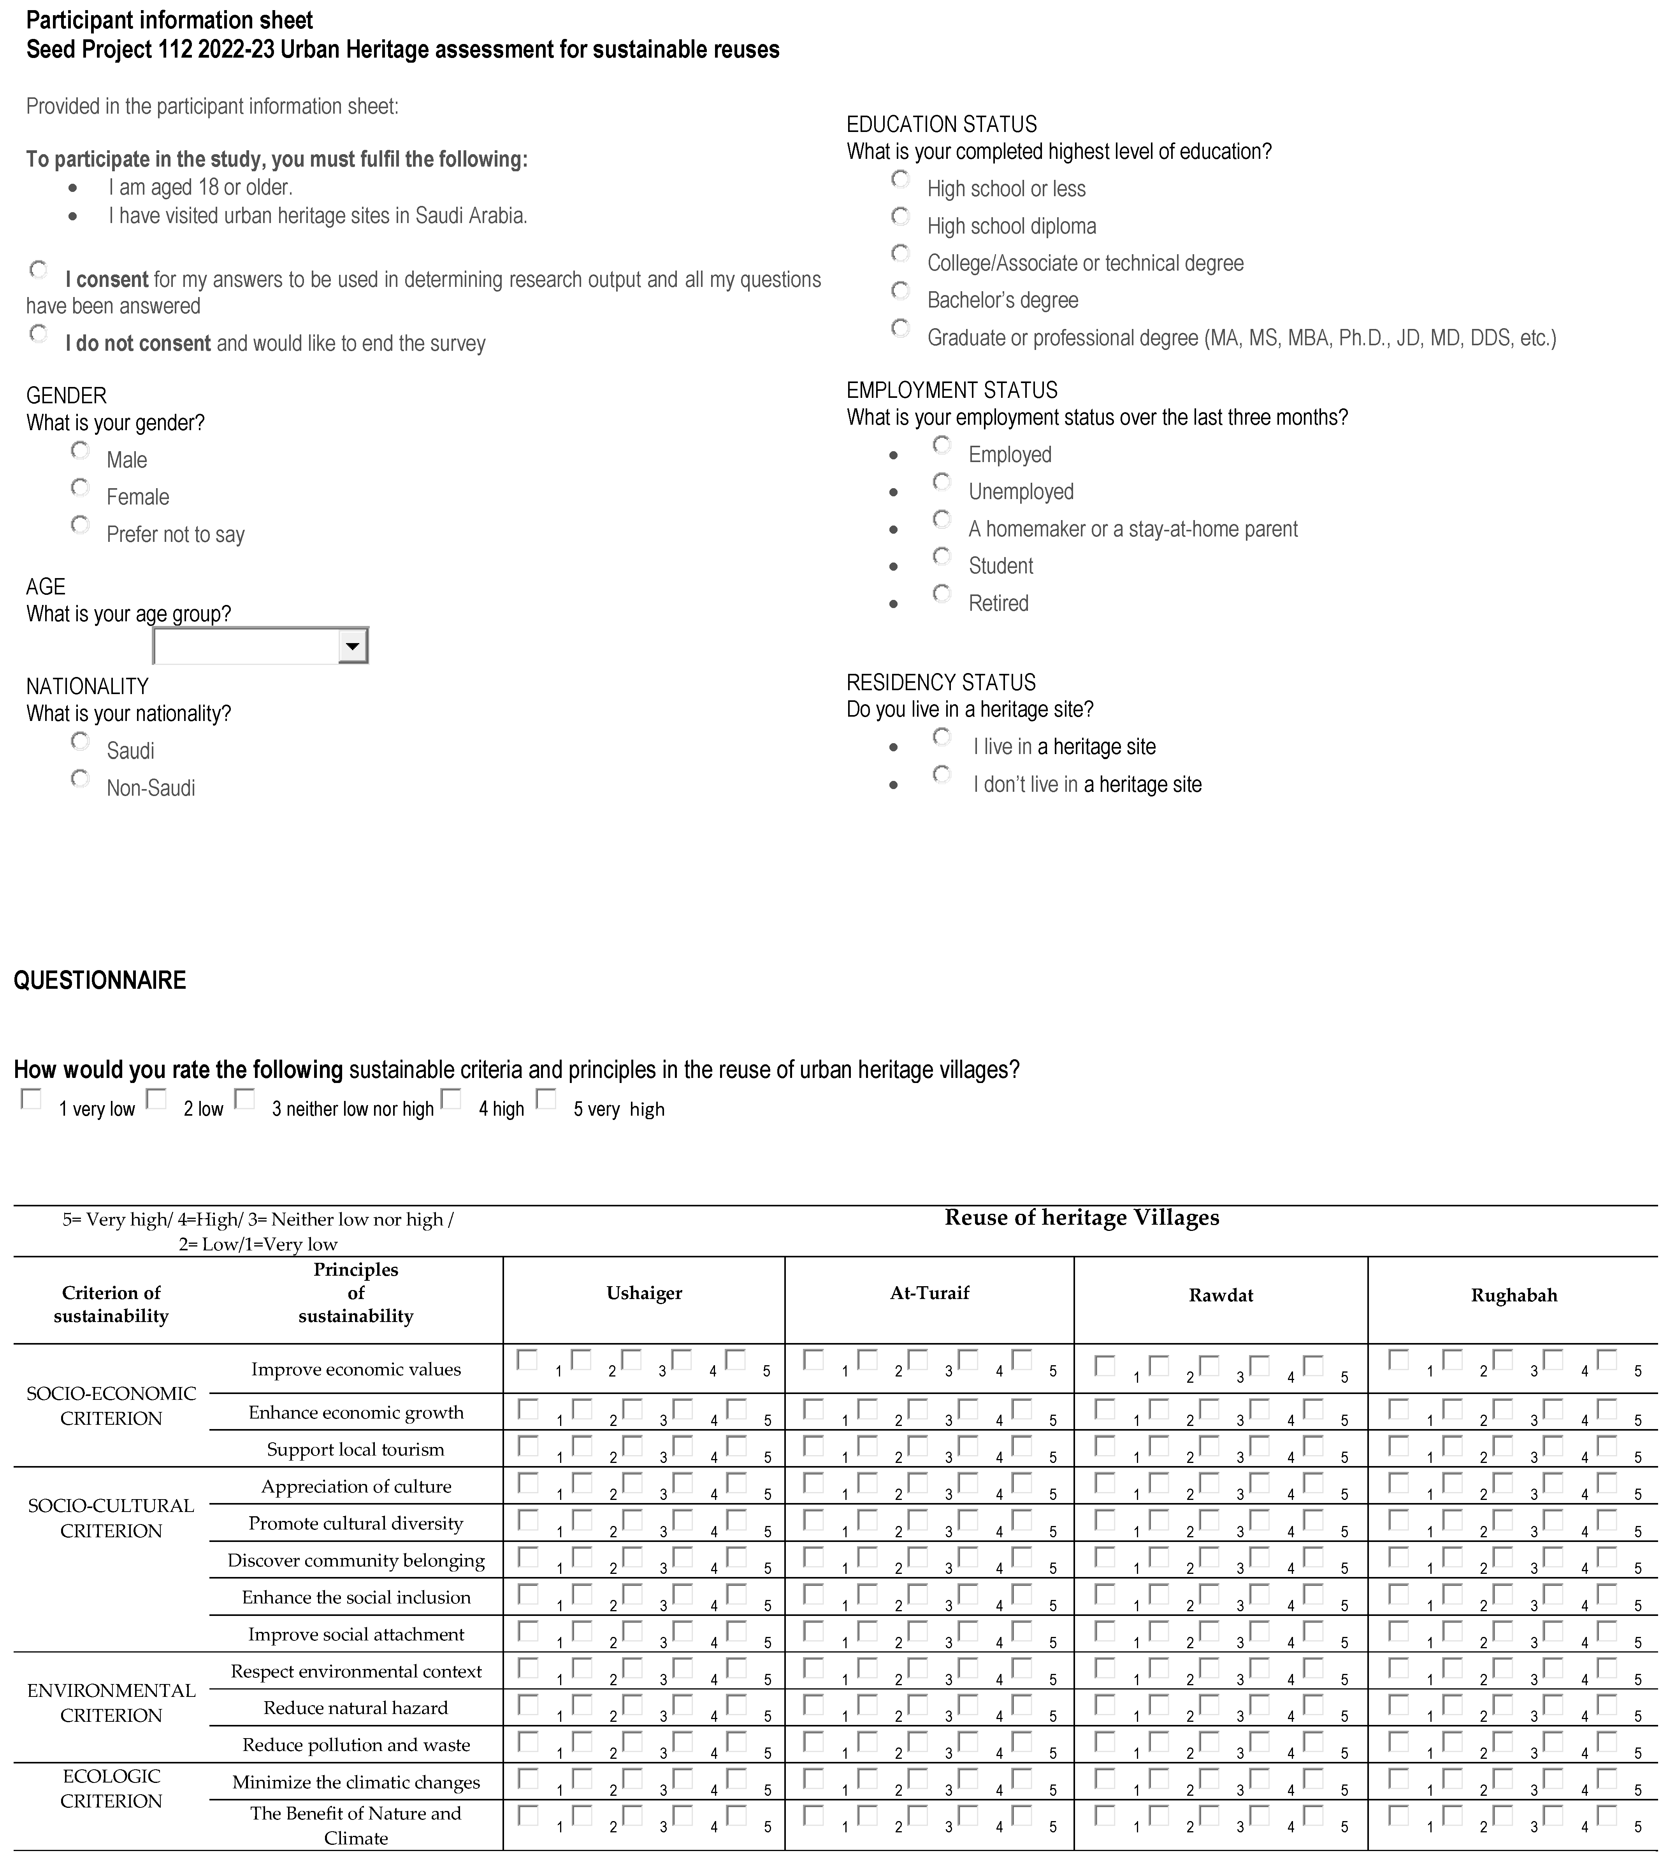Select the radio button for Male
80,450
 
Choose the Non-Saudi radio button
80,779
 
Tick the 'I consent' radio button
39,270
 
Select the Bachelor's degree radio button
901,291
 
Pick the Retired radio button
941,594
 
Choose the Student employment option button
941,556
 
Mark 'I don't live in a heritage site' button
941,775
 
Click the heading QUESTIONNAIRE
100,980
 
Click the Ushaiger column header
644,1293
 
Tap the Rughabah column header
1513,1295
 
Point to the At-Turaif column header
929,1293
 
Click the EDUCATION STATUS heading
941,124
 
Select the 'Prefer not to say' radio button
80,525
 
